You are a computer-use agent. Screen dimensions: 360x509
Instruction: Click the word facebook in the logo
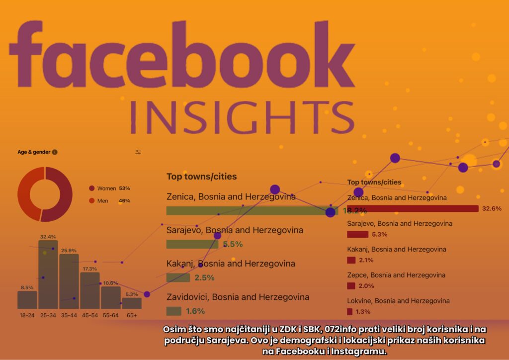click(174, 55)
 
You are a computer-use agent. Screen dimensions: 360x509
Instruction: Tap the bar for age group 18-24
click(27, 300)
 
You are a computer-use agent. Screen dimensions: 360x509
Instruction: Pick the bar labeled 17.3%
click(90, 290)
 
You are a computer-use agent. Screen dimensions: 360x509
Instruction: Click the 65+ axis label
click(132, 315)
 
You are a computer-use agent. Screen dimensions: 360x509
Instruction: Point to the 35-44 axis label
click(69, 315)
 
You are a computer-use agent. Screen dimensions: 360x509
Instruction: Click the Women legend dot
click(91, 188)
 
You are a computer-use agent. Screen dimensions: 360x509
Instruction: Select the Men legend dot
click(91, 201)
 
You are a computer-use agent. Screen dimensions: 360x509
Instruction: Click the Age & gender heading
click(34, 152)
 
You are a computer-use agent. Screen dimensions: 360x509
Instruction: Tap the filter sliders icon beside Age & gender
click(138, 152)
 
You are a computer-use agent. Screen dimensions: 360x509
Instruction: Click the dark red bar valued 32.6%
click(413, 208)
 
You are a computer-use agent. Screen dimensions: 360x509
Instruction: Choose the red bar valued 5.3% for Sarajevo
click(358, 234)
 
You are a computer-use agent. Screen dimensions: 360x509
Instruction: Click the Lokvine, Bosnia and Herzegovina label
click(398, 301)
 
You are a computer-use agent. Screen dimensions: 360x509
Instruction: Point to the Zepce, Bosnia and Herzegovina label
click(396, 275)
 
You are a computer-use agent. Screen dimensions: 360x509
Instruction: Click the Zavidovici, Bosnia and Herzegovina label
click(238, 297)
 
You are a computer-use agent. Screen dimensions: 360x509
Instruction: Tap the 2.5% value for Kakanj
click(205, 278)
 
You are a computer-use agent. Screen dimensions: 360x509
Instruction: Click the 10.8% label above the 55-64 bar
click(110, 283)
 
